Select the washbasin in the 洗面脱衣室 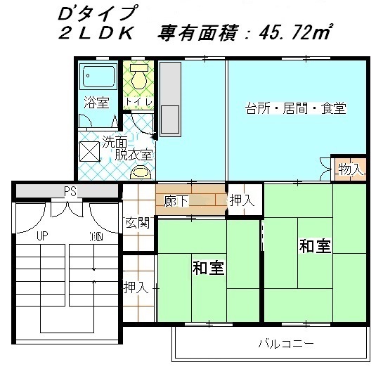click(141, 172)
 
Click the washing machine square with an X click(90, 152)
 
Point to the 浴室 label click(96, 103)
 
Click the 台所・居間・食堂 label click(296, 108)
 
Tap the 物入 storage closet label click(351, 169)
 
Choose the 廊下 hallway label click(176, 201)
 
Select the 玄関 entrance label click(138, 223)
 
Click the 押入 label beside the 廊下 click(242, 200)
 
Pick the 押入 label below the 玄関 click(136, 288)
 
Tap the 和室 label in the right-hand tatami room click(315, 246)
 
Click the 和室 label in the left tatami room click(208, 268)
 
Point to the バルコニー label click(286, 344)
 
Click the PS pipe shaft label click(70, 191)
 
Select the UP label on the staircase click(42, 236)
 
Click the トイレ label click(138, 102)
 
